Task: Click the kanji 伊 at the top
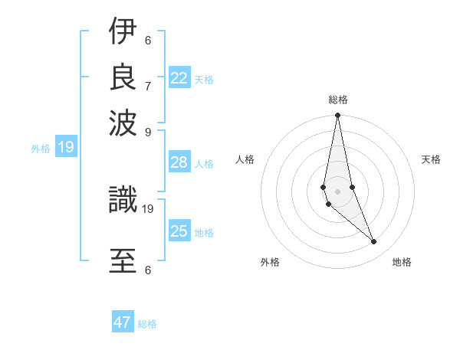point(123,33)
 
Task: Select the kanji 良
point(123,77)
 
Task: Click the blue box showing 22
point(179,77)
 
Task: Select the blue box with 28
point(179,162)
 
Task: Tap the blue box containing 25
point(179,231)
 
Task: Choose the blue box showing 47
point(123,322)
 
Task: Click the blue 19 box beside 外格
point(66,147)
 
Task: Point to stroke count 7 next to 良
point(148,86)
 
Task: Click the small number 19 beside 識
point(148,208)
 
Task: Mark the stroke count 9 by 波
point(148,130)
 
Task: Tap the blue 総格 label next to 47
point(147,324)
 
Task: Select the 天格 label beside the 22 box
point(204,80)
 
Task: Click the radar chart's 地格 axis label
point(402,262)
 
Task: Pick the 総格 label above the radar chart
point(338,100)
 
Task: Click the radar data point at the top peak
point(337,116)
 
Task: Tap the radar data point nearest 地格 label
point(374,242)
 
